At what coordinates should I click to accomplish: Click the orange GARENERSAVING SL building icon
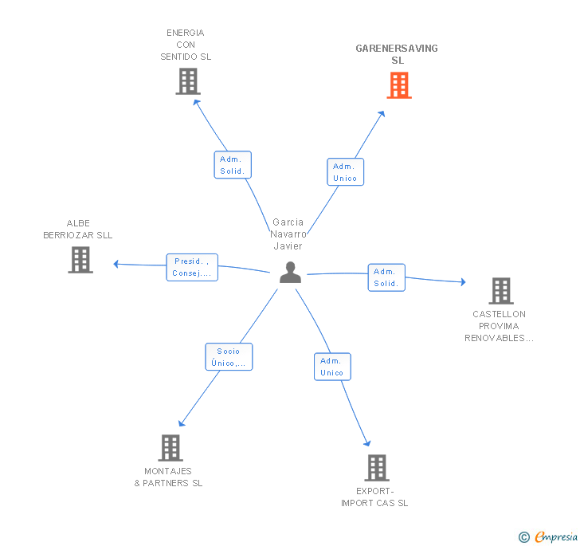399,85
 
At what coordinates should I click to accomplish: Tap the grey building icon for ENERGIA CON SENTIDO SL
188,81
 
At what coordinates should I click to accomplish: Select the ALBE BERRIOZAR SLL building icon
80,260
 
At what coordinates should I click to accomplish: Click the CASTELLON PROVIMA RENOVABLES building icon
500,291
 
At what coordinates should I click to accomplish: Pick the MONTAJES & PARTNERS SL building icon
170,448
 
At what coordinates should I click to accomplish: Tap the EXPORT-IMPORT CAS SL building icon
377,468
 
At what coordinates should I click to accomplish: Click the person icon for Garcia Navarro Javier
290,273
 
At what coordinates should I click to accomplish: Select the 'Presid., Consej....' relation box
192,267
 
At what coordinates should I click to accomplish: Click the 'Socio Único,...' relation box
229,356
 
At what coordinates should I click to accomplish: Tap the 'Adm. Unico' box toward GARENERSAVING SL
345,172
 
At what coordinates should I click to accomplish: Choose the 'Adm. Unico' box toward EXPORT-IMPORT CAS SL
331,367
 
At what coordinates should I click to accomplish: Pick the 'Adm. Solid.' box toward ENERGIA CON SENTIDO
233,165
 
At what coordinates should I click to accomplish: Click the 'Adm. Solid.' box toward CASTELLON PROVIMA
386,277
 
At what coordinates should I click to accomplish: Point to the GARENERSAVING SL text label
397,54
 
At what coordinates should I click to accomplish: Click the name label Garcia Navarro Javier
288,234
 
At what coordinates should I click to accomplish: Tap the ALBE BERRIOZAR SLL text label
78,230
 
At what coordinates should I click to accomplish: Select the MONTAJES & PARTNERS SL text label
168,477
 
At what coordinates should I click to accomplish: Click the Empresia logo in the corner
549,537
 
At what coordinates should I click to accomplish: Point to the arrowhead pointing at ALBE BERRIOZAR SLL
116,264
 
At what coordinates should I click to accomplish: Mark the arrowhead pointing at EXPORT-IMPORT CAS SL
367,444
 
